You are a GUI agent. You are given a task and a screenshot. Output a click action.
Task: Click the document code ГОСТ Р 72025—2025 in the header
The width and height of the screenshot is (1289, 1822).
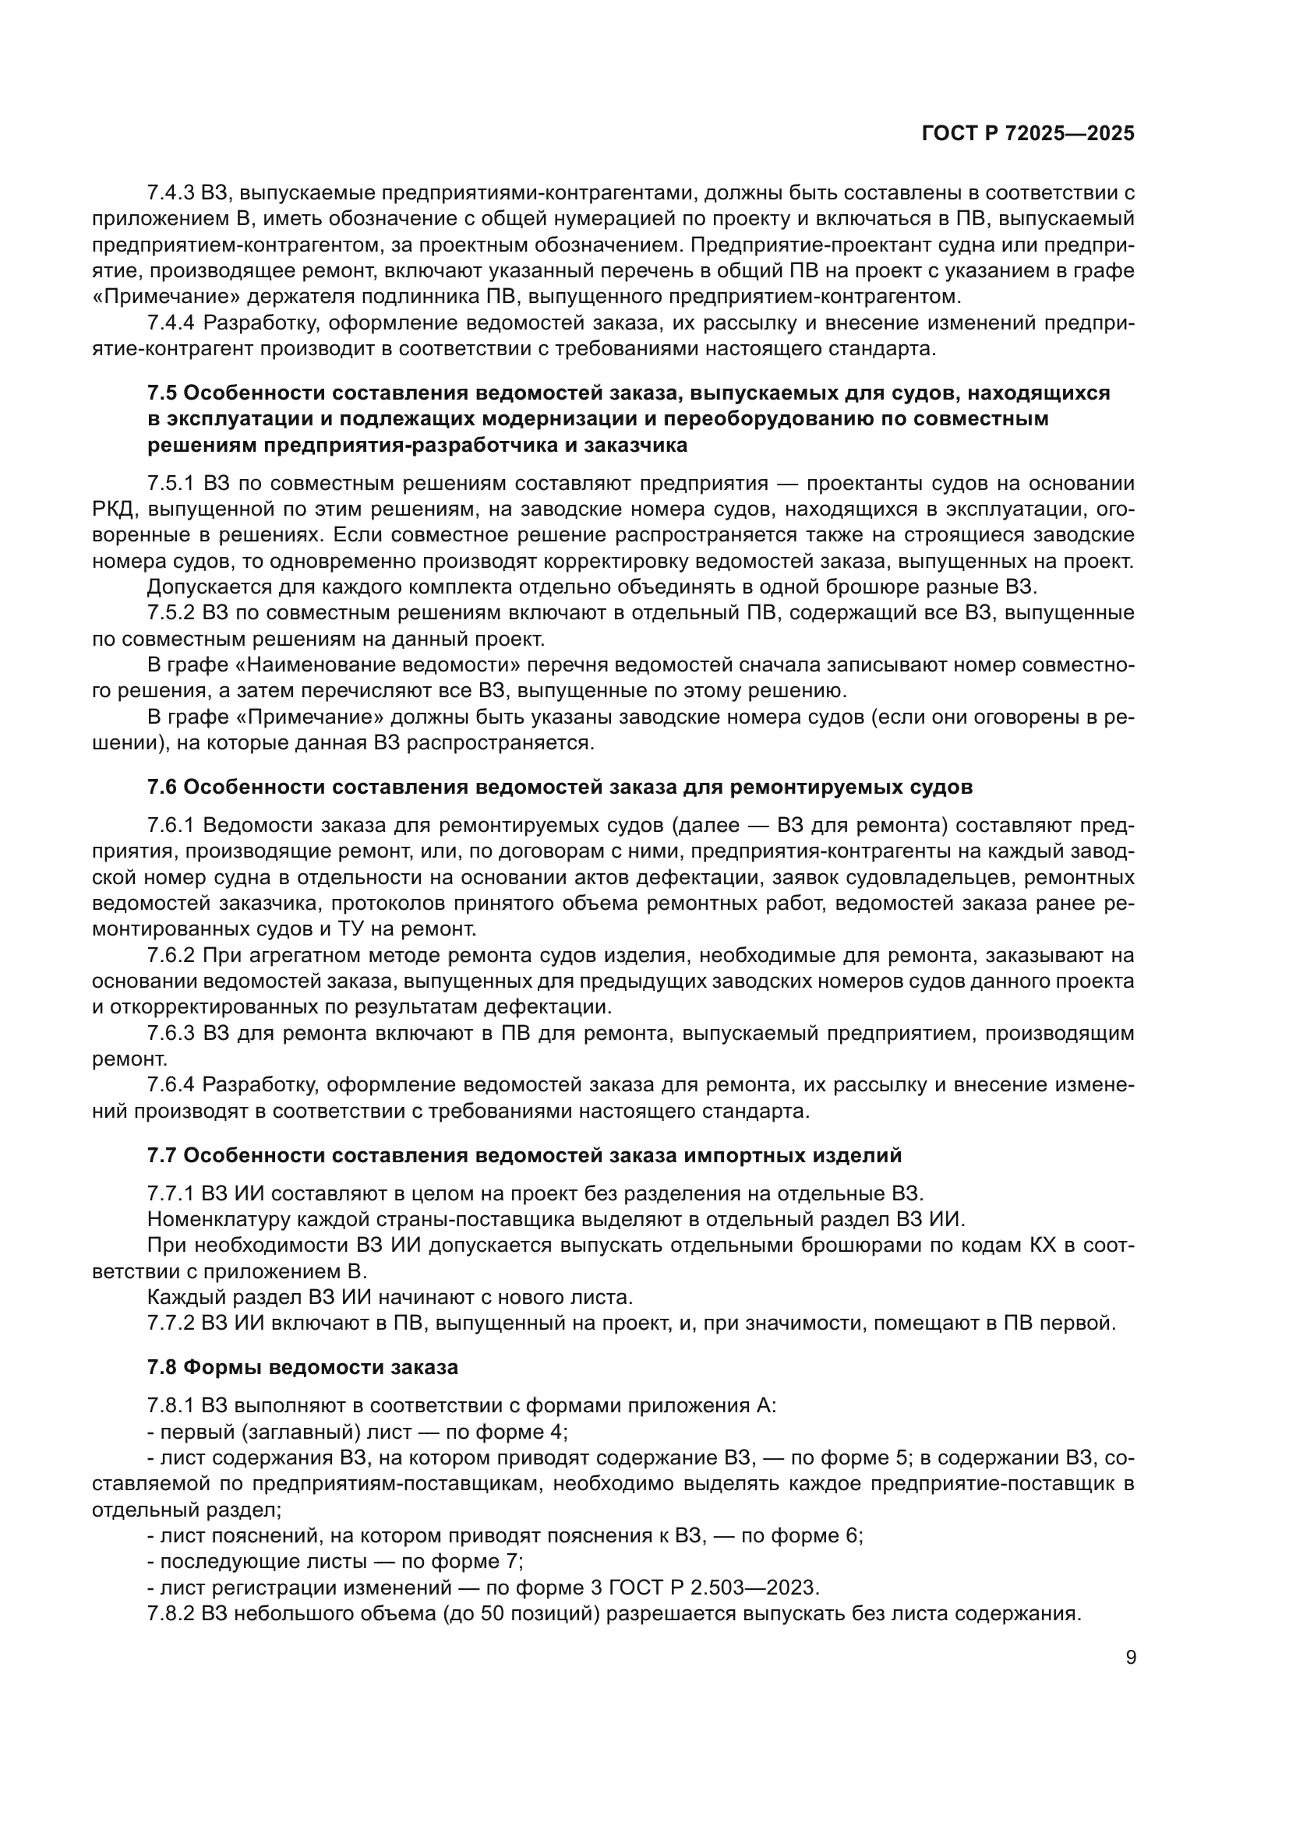click(x=1027, y=133)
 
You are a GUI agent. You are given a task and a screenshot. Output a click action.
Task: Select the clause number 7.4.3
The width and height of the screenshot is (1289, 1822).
click(x=171, y=193)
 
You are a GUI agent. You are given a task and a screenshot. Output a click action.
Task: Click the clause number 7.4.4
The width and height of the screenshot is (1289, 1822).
click(x=171, y=323)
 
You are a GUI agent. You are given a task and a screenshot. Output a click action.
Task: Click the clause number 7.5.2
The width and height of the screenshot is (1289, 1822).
click(x=171, y=612)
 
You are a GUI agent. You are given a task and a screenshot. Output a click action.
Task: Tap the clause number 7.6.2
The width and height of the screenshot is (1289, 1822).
click(x=171, y=955)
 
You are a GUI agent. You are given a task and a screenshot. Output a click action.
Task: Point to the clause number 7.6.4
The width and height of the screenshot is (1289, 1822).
click(x=171, y=1085)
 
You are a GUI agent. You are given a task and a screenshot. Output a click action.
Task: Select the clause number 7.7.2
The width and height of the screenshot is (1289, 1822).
click(x=171, y=1323)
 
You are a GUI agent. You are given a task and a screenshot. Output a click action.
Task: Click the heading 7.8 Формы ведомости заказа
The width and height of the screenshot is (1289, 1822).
click(x=302, y=1367)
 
